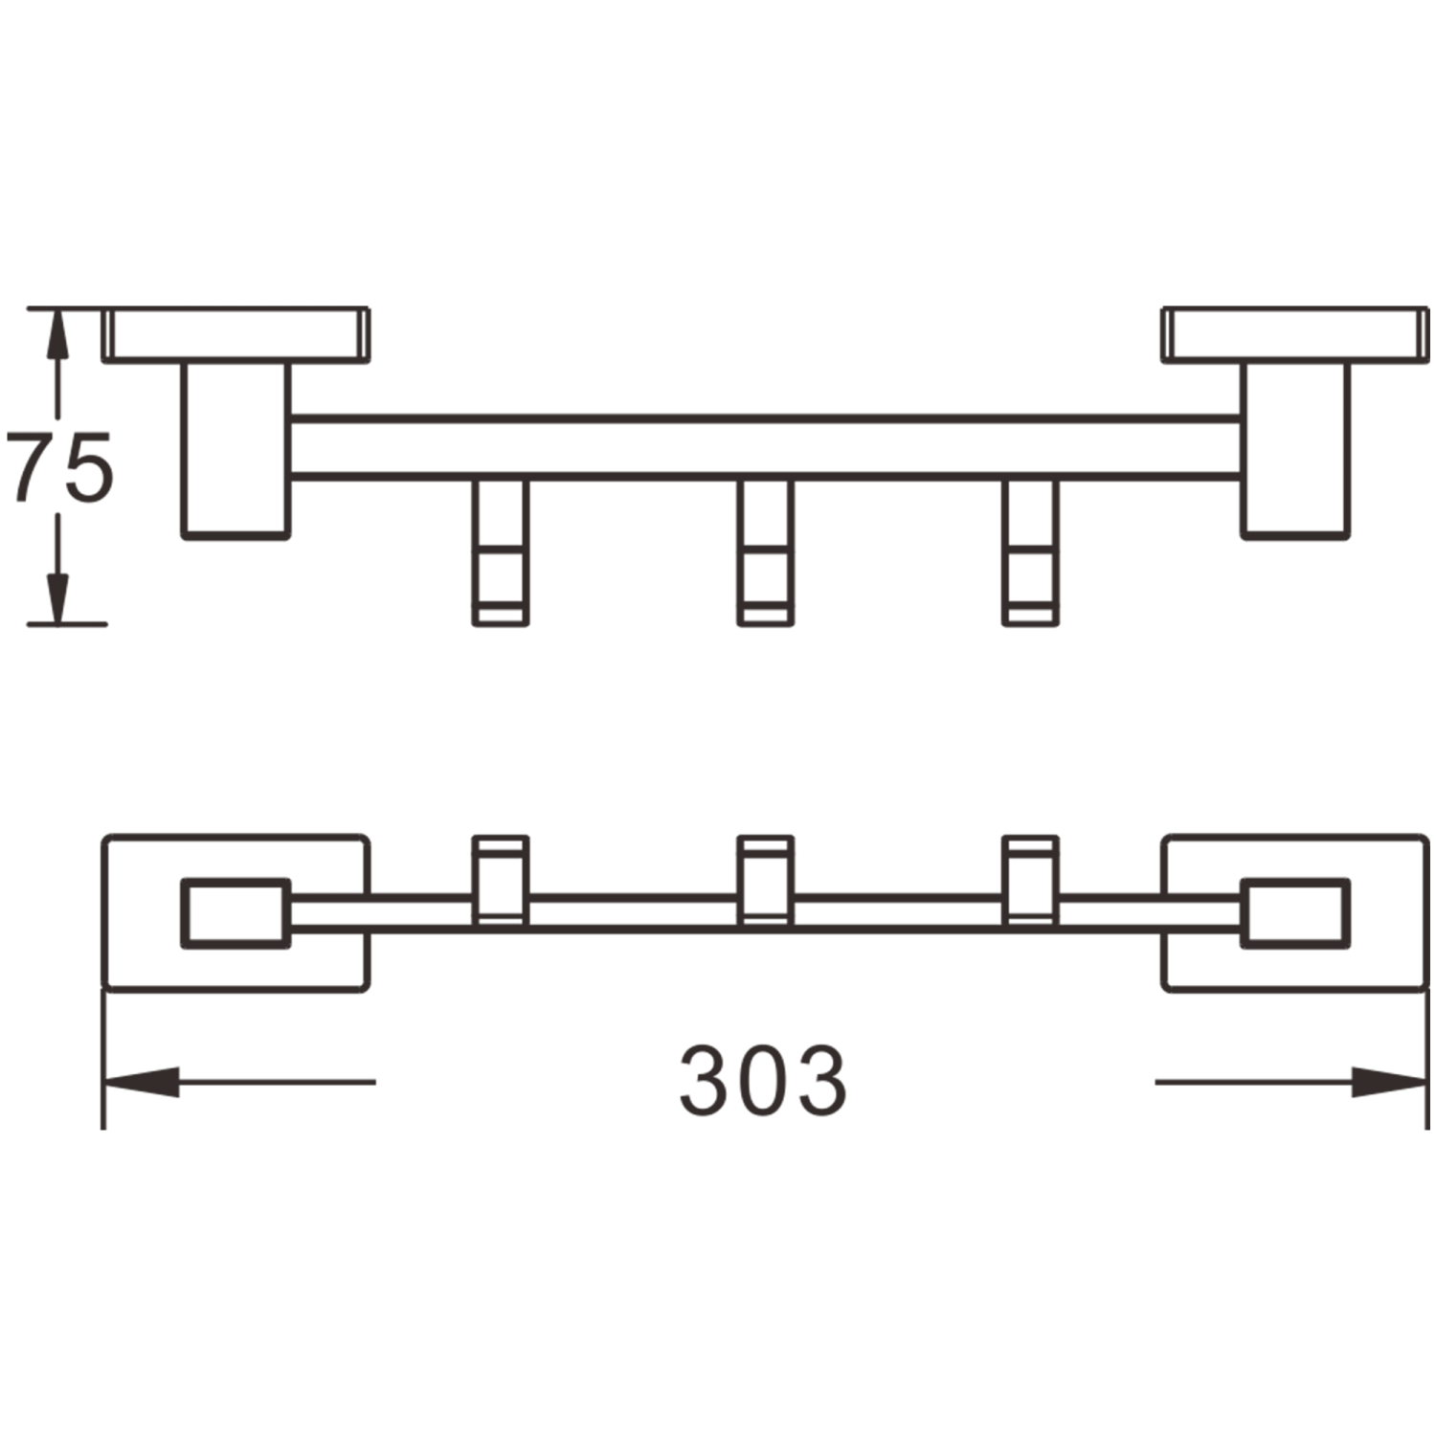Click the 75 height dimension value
tap(59, 466)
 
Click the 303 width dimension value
tap(763, 1081)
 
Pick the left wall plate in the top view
tap(236, 335)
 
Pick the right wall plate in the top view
tap(1294, 335)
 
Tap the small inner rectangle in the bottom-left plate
tap(235, 914)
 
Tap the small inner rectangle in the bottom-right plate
tap(1295, 914)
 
